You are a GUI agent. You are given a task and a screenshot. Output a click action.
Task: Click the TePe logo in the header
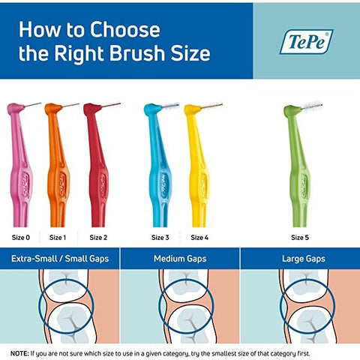tap(306, 42)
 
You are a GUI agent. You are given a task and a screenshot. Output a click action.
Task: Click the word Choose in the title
tap(125, 29)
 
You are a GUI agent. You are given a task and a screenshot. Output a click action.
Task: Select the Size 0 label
tap(21, 238)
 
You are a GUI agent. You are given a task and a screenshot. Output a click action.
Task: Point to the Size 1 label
tap(58, 238)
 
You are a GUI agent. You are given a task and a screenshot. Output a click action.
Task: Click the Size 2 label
tap(98, 238)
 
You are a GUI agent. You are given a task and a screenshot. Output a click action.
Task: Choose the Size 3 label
tap(160, 238)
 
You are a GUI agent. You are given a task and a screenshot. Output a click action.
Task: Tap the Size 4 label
tap(199, 238)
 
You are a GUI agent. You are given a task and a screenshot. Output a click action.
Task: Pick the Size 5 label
tap(300, 238)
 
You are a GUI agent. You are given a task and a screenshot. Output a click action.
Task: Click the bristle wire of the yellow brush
tap(211, 106)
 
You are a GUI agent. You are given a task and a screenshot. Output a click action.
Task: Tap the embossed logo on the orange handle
tap(62, 186)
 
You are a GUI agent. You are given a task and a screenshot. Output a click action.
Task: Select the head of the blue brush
tap(153, 109)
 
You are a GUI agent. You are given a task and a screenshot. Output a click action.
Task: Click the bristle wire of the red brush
tap(111, 105)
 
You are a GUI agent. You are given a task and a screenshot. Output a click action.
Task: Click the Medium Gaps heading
tap(180, 259)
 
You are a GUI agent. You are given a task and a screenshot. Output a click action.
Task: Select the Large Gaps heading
tap(304, 259)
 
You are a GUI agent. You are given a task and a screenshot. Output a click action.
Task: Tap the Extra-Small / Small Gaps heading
tap(60, 259)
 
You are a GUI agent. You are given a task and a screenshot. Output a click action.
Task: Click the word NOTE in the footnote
tap(19, 353)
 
